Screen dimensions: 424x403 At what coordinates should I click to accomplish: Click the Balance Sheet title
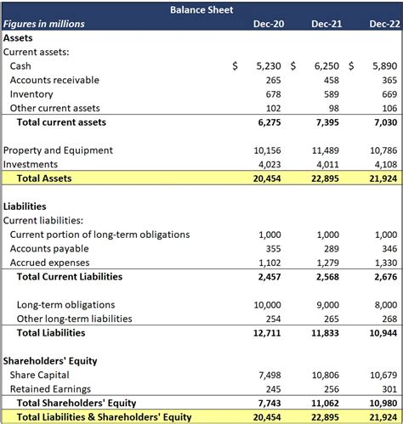pyautogui.click(x=201, y=9)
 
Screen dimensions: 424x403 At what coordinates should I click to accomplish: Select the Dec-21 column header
pyautogui.click(x=326, y=24)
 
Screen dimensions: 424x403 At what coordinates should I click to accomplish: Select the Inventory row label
pyautogui.click(x=31, y=94)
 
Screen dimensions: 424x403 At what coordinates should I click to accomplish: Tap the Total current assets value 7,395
pyautogui.click(x=326, y=122)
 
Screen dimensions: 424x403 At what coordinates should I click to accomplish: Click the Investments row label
pyautogui.click(x=31, y=164)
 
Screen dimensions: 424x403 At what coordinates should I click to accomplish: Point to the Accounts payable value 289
pyautogui.click(x=330, y=248)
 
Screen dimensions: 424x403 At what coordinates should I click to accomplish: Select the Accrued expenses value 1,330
pyautogui.click(x=385, y=263)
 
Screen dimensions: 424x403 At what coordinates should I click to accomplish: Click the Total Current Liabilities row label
pyautogui.click(x=70, y=276)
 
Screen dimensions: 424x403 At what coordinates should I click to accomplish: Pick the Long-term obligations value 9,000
pyautogui.click(x=326, y=304)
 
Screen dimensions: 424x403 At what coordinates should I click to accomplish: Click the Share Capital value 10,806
pyautogui.click(x=323, y=375)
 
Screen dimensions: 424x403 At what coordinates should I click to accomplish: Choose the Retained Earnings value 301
pyautogui.click(x=389, y=388)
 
